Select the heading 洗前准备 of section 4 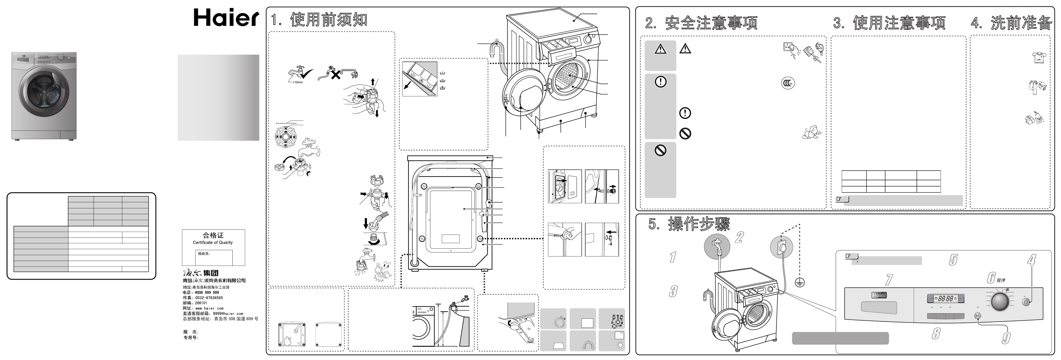click(x=1021, y=23)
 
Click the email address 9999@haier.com click(x=228, y=314)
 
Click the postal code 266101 click(x=201, y=303)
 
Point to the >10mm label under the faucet click(x=297, y=82)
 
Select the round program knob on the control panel click(x=1000, y=302)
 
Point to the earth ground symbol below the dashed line click(x=800, y=282)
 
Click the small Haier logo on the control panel click(x=879, y=295)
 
